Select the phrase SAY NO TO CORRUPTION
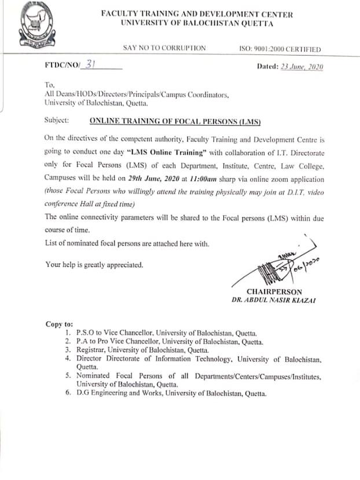pyautogui.click(x=164, y=49)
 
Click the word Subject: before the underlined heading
pyautogui.click(x=56, y=122)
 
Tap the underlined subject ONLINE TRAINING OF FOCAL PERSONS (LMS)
pyautogui.click(x=175, y=122)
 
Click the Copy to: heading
pyautogui.click(x=60, y=324)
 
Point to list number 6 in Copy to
pyautogui.click(x=68, y=394)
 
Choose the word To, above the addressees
pyautogui.click(x=49, y=85)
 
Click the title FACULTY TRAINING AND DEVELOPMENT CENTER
pyautogui.click(x=197, y=14)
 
